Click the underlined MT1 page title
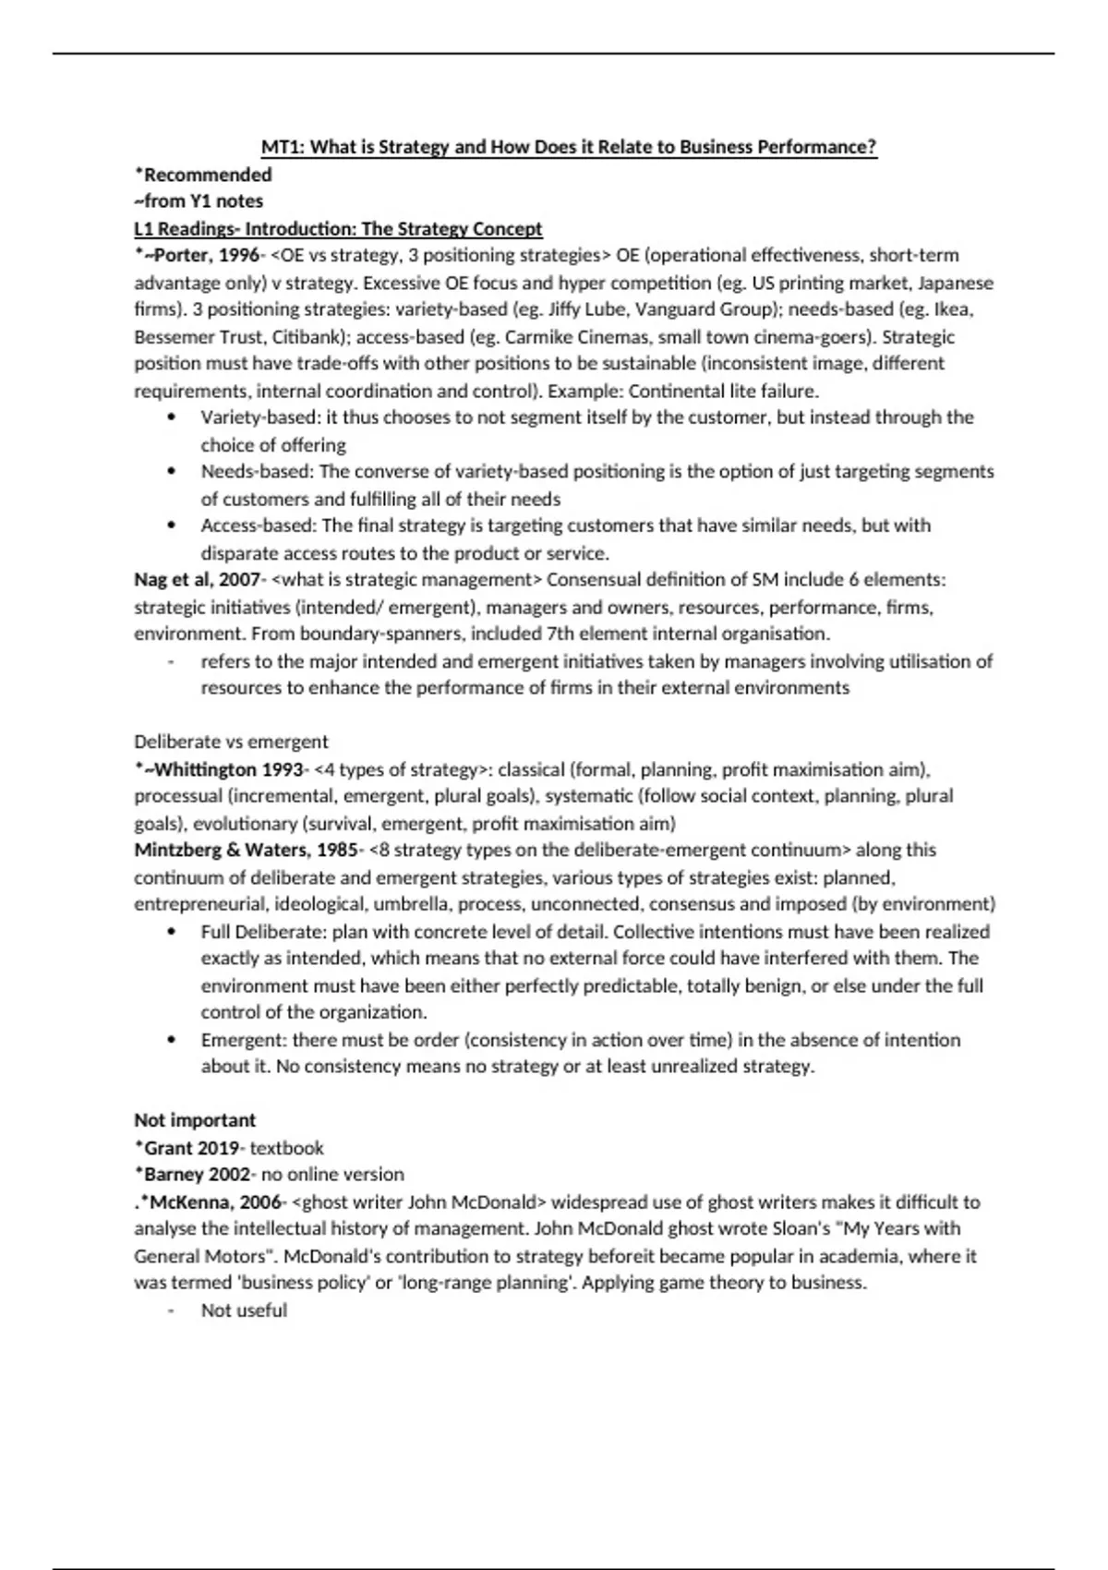tap(569, 147)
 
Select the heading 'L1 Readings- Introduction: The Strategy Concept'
tap(338, 229)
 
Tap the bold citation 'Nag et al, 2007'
tap(197, 580)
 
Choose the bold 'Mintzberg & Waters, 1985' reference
tap(246, 850)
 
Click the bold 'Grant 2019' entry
tap(191, 1148)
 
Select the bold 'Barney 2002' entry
tap(197, 1175)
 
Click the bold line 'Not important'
tap(195, 1120)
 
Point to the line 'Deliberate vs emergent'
tap(231, 742)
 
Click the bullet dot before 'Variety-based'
tap(172, 417)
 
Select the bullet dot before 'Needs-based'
tap(172, 472)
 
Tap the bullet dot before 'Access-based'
tap(172, 525)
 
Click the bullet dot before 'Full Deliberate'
tap(172, 932)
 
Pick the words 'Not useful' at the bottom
tap(244, 1310)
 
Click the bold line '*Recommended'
tap(203, 175)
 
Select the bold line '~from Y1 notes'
tap(199, 201)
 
